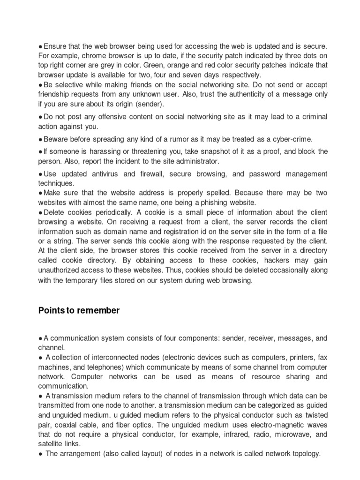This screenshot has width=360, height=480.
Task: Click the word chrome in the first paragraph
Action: [90, 56]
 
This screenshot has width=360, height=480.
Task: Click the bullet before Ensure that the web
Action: [40, 46]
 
